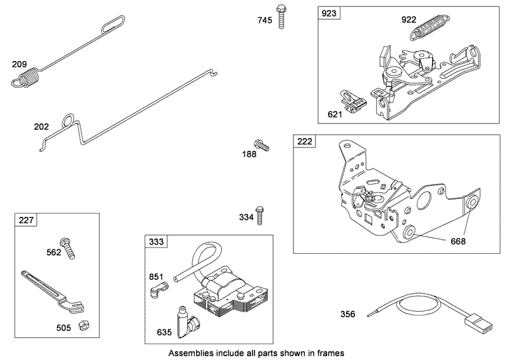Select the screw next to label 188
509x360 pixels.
tap(261, 145)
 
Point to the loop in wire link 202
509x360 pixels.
tap(68, 120)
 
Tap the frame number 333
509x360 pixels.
tap(156, 243)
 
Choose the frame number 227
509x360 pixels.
tap(26, 221)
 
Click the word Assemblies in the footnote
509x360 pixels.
tap(190, 351)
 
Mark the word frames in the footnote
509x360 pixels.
tap(326, 351)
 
